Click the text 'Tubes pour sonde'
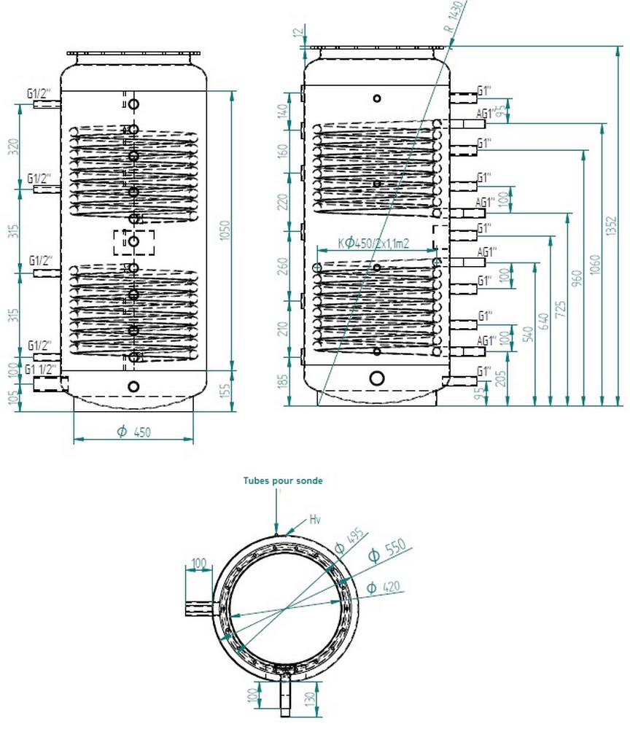[x=283, y=481]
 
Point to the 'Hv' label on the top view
[x=315, y=520]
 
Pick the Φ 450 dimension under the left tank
[x=133, y=432]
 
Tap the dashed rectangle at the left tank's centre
[x=133, y=242]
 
